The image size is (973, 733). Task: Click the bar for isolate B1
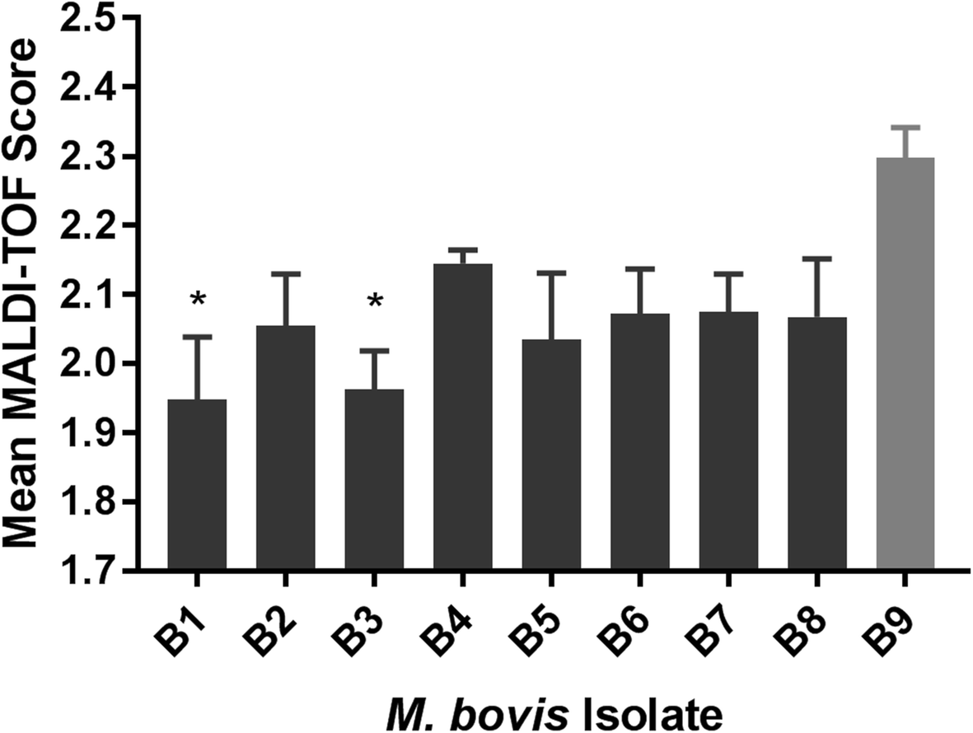click(x=197, y=485)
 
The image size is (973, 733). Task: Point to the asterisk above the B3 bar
click(x=374, y=302)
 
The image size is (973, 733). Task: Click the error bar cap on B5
click(x=551, y=273)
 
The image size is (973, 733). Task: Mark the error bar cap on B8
click(x=816, y=259)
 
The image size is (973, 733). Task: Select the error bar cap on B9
click(x=905, y=128)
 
